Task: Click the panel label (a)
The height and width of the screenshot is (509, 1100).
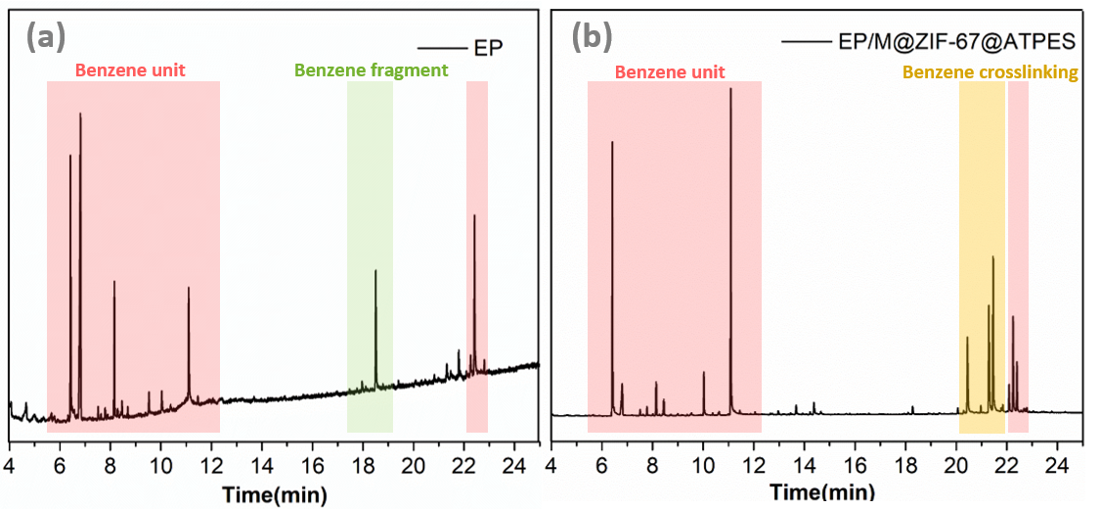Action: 46,37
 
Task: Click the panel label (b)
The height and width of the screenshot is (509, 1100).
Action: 592,37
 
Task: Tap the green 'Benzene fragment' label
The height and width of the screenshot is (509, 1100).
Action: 371,70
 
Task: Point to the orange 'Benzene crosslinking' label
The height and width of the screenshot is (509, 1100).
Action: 990,72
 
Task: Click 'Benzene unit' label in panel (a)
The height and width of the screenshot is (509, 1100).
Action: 131,70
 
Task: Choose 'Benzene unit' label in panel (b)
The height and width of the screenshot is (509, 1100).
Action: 670,72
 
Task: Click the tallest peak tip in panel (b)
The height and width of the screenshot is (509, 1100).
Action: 730,89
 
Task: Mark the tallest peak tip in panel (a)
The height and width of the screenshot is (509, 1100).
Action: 80,114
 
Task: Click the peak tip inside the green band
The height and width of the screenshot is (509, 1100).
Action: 375,270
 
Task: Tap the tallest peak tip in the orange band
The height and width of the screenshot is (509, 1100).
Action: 993,256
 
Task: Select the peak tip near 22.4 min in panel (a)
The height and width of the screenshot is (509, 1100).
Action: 474,215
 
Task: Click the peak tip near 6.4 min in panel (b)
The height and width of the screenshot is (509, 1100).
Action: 612,142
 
